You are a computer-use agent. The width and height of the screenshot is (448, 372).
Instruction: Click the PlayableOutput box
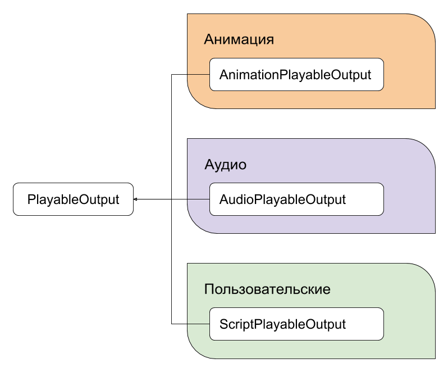pyautogui.click(x=73, y=199)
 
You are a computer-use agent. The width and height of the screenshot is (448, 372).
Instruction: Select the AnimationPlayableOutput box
pyautogui.click(x=296, y=75)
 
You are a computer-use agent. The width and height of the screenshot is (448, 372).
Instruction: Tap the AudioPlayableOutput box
pyautogui.click(x=296, y=199)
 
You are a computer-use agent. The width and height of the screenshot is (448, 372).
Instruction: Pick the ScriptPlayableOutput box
pyautogui.click(x=296, y=324)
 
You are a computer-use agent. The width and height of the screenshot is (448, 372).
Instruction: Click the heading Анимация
pyautogui.click(x=239, y=39)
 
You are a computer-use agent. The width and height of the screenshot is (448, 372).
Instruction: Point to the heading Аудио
pyautogui.click(x=226, y=165)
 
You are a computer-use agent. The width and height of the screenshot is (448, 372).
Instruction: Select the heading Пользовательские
pyautogui.click(x=267, y=289)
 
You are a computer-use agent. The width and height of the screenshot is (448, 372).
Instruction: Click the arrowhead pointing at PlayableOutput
pyautogui.click(x=135, y=199)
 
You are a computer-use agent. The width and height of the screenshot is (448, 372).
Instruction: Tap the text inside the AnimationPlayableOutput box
pyautogui.click(x=295, y=75)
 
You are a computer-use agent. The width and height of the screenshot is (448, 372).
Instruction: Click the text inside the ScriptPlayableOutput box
pyautogui.click(x=282, y=325)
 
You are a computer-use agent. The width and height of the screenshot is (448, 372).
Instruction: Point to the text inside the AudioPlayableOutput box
pyautogui.click(x=282, y=200)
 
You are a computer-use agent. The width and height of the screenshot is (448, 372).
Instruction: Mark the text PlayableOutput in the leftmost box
pyautogui.click(x=73, y=200)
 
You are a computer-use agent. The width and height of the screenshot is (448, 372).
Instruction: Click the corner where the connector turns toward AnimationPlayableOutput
pyautogui.click(x=171, y=75)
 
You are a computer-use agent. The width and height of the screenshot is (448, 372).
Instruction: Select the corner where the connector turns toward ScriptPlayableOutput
pyautogui.click(x=171, y=324)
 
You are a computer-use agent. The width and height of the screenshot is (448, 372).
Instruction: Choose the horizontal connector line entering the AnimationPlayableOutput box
pyautogui.click(x=190, y=75)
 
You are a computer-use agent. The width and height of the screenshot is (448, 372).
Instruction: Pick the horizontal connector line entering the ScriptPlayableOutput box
pyautogui.click(x=190, y=324)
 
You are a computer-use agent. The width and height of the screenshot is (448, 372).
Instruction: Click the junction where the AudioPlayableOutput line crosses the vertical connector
pyautogui.click(x=171, y=199)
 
